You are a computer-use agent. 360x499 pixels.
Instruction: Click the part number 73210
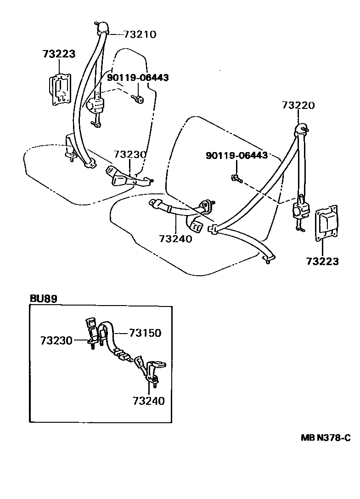pos(140,34)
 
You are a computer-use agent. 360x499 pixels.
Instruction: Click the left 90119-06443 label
pos(138,78)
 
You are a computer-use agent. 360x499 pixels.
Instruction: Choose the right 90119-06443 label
pos(236,156)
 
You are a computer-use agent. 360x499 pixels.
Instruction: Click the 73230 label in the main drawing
pos(130,154)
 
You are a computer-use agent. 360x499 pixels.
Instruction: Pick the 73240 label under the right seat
pos(175,239)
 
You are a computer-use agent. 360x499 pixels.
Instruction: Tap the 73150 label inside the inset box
pos(145,333)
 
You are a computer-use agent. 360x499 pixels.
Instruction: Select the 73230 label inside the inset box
pos(56,340)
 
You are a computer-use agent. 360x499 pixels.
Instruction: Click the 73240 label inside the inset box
pos(148,401)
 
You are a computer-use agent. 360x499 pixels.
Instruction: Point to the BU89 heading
pos(44,299)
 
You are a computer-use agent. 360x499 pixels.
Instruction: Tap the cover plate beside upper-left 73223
pos(59,89)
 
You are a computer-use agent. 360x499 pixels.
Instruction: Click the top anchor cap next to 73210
pos(103,28)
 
